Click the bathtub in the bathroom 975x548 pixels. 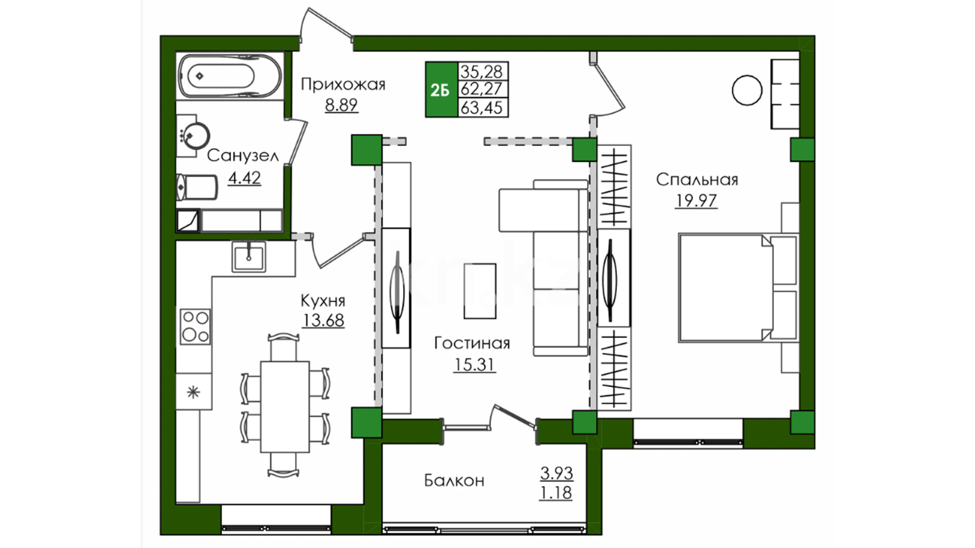(x=230, y=76)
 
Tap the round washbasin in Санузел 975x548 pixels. (x=196, y=135)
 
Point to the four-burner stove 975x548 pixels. (x=196, y=326)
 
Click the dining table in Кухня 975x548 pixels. (x=285, y=406)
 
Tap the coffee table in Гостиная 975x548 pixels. (x=480, y=291)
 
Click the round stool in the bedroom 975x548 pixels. (x=747, y=90)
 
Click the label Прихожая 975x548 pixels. (x=343, y=84)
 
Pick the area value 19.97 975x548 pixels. (x=696, y=201)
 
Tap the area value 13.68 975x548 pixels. (x=323, y=321)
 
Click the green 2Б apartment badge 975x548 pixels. (x=441, y=90)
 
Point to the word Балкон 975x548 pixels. (x=454, y=481)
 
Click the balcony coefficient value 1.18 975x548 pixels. (x=556, y=493)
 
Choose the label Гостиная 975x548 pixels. (x=472, y=344)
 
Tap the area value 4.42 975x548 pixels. (x=244, y=178)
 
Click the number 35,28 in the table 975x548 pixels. (x=481, y=72)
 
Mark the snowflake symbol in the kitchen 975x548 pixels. (x=193, y=392)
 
